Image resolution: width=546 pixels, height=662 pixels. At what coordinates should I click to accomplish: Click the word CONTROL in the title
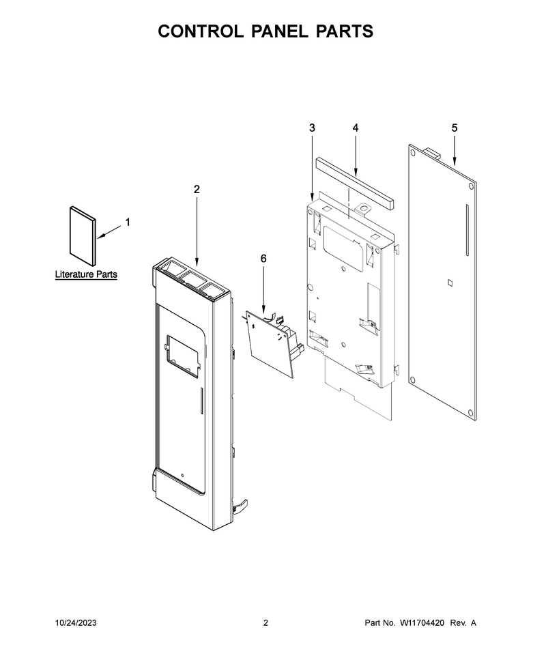pos(201,31)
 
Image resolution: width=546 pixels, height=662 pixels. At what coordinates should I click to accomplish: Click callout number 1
pos(128,222)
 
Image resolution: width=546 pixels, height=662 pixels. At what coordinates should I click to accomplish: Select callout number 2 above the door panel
pos(197,190)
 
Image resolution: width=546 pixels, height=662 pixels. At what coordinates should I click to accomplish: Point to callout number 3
pos(312,128)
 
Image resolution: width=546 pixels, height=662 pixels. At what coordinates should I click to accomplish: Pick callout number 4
pos(356,128)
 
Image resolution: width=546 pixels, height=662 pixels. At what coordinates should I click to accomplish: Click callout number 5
pos(455,128)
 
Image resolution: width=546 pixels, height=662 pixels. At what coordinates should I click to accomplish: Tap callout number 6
pos(263,259)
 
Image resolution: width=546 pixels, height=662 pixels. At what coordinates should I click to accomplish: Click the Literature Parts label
pos(86,274)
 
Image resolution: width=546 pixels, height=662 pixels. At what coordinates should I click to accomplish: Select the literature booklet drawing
pos(83,236)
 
